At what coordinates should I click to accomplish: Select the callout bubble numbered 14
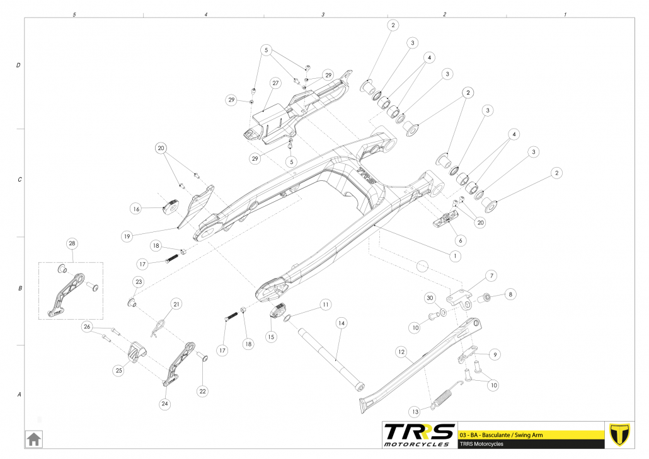pos(341,323)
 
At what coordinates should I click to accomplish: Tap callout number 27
pos(275,83)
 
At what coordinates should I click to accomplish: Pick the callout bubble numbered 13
pos(415,411)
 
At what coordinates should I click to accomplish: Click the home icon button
pos(33,437)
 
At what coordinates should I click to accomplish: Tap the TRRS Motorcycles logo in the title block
pos(419,435)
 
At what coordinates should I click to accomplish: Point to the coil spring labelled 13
pos(442,399)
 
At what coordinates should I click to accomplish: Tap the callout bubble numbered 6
pos(459,240)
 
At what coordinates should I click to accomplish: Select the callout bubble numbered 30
pos(430,298)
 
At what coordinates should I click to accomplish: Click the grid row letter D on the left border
pos(18,65)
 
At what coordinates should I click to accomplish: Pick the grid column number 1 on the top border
pos(565,14)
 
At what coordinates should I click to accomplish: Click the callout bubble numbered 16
pos(135,208)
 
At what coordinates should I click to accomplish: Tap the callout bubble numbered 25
pos(118,371)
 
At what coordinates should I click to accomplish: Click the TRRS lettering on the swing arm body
pos(366,175)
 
